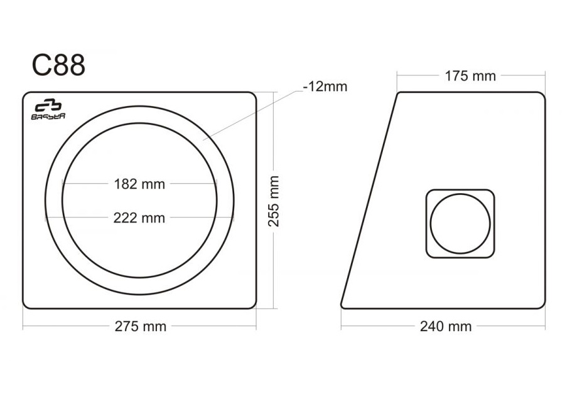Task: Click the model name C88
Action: (x=58, y=65)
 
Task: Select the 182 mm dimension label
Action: (x=139, y=184)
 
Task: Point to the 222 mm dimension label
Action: (x=139, y=218)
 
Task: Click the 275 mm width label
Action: (x=140, y=326)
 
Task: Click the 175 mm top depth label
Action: (x=470, y=76)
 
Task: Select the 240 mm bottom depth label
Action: (x=446, y=326)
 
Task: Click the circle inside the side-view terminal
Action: (x=460, y=224)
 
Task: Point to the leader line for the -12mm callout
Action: (x=251, y=113)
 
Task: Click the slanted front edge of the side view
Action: (x=369, y=201)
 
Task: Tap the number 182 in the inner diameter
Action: (x=126, y=184)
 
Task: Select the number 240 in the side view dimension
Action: (x=433, y=326)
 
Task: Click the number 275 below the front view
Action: (x=127, y=326)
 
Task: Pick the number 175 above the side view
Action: (x=457, y=76)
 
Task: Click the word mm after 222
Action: (x=154, y=218)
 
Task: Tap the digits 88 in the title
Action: (x=69, y=65)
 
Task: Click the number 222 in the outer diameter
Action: (x=126, y=218)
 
